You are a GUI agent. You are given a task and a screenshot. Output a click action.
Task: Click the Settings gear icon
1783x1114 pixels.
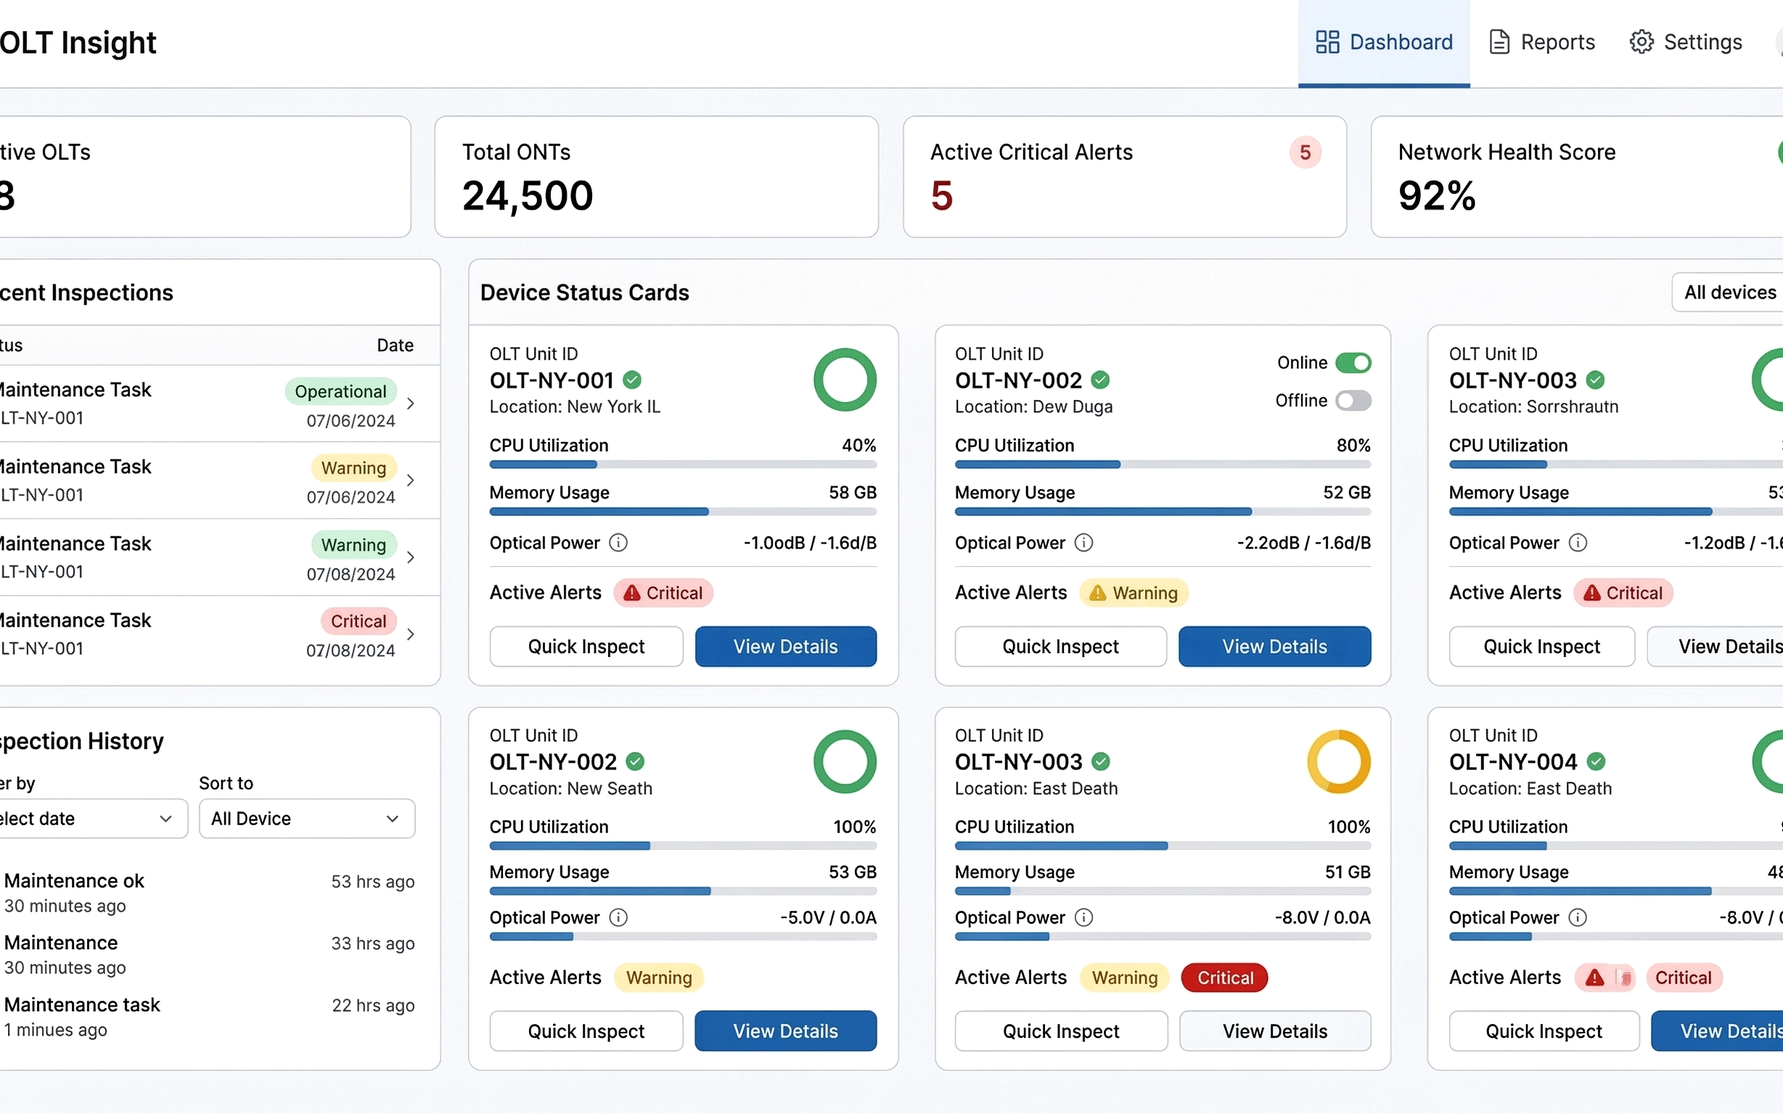(x=1641, y=42)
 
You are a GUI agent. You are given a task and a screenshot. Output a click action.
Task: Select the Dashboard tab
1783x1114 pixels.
(x=1384, y=42)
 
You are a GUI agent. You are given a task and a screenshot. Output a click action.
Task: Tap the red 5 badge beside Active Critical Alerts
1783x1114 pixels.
(x=1305, y=152)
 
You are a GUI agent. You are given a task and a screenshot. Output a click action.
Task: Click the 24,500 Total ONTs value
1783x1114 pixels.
(x=528, y=196)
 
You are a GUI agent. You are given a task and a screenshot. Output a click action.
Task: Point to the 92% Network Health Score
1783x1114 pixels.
(x=1436, y=196)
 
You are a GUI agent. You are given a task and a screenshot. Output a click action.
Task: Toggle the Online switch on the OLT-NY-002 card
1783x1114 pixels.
(x=1353, y=362)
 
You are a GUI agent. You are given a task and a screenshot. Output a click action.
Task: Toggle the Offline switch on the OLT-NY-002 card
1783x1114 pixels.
(x=1353, y=401)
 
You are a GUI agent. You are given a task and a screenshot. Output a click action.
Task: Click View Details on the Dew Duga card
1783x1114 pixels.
(x=1274, y=646)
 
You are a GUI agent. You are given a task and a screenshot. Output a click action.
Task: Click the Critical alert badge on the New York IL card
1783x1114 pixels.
(x=663, y=593)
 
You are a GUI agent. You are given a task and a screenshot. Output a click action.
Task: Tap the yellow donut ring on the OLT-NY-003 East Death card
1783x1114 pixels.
(x=1338, y=761)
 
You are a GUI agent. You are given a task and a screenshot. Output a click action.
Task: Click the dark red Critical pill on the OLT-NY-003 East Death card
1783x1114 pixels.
(x=1223, y=978)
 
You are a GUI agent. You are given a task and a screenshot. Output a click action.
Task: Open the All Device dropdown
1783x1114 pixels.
(x=306, y=819)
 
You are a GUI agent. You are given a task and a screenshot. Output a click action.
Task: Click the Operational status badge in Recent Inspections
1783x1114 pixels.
(x=340, y=391)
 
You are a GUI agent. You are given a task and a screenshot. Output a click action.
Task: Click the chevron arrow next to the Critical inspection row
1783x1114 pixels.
(x=411, y=634)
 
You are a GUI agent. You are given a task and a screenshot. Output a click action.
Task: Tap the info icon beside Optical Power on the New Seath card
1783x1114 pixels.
(x=618, y=917)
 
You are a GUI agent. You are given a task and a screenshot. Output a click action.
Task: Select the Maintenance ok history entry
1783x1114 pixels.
(x=74, y=881)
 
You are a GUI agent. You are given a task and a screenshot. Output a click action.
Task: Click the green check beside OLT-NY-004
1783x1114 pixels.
(x=1596, y=761)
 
